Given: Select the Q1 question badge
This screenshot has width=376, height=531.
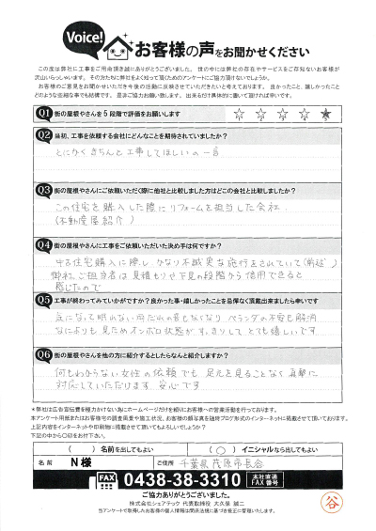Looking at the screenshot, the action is click(x=43, y=114).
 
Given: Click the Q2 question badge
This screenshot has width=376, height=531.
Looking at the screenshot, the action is click(x=43, y=135).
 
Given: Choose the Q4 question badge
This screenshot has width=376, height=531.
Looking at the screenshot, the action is click(x=43, y=242).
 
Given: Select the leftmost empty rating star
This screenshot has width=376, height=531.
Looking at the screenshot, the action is click(x=236, y=114).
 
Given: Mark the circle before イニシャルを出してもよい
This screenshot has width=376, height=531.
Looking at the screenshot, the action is click(x=208, y=447).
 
